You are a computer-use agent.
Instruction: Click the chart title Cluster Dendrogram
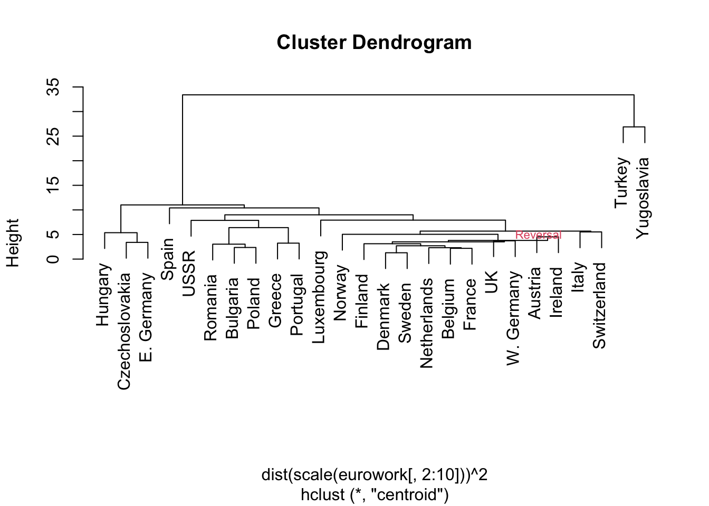tap(374, 43)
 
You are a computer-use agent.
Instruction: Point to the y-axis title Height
tap(13, 243)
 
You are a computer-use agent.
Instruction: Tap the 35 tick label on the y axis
tap(53, 87)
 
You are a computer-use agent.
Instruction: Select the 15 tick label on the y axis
tap(53, 185)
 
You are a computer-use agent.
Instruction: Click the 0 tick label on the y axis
tap(53, 259)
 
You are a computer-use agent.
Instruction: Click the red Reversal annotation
tap(538, 235)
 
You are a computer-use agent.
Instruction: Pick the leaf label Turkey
tap(621, 182)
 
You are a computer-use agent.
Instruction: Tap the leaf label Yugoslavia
tap(643, 198)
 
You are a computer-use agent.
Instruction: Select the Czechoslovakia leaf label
tap(124, 331)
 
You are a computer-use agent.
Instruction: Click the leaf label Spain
tap(167, 259)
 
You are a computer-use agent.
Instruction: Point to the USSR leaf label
tap(189, 274)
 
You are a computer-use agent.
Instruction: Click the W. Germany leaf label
tap(513, 318)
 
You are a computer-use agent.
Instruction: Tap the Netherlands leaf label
tap(426, 323)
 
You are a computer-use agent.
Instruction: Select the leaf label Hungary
tap(103, 295)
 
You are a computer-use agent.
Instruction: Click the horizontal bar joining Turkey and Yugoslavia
tap(634, 127)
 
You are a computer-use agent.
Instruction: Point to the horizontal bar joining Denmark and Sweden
tap(396, 253)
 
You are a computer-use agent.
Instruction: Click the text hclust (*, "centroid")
tap(375, 495)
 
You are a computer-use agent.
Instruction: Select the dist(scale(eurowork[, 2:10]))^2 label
tap(375, 475)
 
